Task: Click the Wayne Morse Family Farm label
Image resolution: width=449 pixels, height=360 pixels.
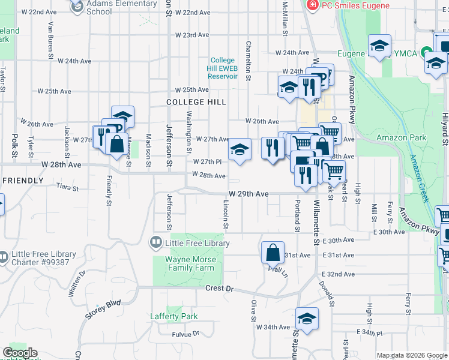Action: (190, 263)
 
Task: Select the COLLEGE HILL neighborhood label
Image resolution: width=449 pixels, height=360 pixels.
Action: (196, 103)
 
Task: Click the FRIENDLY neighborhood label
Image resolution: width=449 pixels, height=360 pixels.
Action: (22, 181)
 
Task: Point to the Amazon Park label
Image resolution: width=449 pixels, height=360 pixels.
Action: (401, 137)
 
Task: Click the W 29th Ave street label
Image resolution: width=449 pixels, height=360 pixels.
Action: (248, 194)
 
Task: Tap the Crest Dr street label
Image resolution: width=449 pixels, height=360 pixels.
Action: (218, 289)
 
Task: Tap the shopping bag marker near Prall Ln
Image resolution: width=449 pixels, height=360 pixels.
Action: (273, 252)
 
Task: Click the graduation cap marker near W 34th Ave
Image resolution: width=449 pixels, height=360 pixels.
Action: (307, 319)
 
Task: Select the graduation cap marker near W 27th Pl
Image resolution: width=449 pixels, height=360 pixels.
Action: (239, 149)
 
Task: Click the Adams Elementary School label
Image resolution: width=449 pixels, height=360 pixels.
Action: (113, 7)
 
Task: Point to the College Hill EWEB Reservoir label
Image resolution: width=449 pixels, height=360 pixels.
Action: (223, 68)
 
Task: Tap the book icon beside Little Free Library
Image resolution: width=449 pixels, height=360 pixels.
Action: (155, 243)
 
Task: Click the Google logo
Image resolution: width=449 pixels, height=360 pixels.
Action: (20, 353)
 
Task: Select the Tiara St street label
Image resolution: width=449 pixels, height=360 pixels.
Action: (67, 188)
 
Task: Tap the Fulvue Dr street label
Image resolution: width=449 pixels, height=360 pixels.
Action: (185, 334)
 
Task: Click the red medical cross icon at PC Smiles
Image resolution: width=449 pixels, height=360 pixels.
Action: (312, 5)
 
